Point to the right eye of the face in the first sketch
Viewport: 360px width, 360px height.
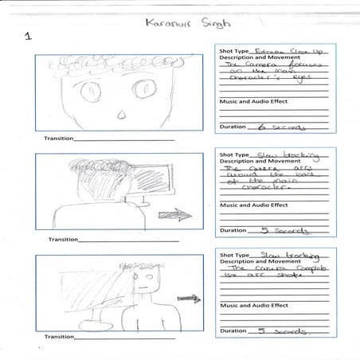click(143, 88)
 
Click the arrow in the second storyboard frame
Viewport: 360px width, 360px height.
click(169, 214)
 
